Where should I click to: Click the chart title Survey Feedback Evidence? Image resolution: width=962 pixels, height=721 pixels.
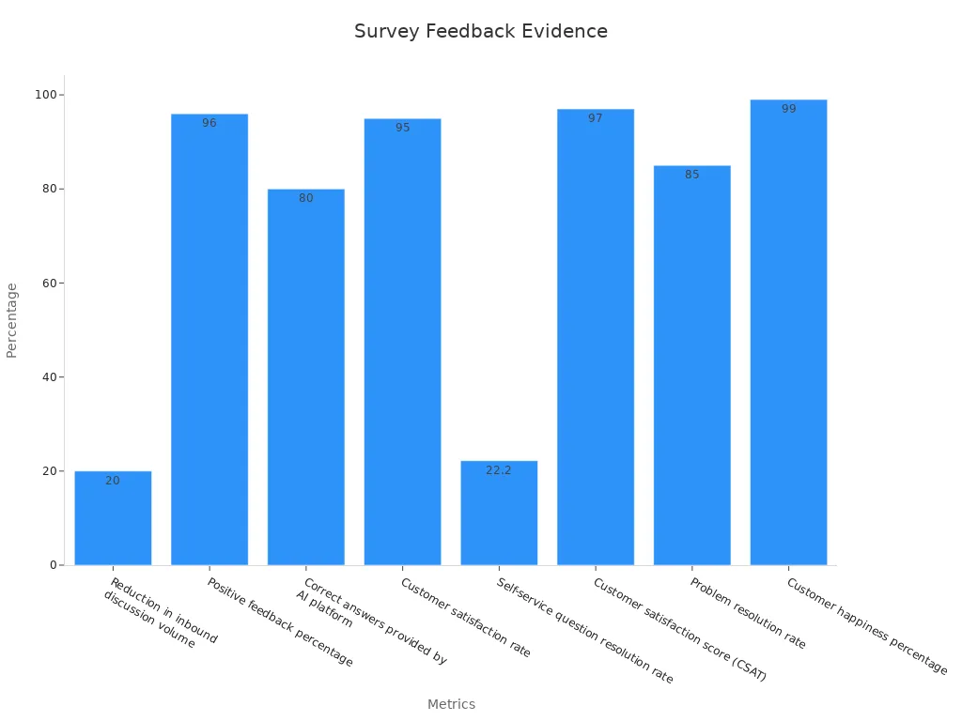point(480,31)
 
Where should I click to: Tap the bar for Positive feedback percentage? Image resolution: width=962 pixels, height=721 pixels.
point(209,339)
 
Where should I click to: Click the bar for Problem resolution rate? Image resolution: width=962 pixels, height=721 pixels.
point(692,365)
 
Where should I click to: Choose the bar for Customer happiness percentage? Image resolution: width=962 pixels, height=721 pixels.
point(788,332)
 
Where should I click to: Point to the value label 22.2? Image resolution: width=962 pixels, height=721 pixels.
point(499,470)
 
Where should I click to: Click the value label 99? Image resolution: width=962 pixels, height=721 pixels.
point(788,109)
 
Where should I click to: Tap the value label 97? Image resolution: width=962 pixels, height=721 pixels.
point(596,118)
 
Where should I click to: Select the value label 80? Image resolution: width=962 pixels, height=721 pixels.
point(306,198)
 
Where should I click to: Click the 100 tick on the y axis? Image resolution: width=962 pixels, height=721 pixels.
point(43,95)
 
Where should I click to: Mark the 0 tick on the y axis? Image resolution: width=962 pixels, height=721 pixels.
point(52,565)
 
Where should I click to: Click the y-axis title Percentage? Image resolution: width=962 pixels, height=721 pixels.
point(12,320)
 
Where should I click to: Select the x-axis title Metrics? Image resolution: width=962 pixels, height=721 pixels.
point(451,704)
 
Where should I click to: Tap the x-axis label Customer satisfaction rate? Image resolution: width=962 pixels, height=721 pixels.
point(465,618)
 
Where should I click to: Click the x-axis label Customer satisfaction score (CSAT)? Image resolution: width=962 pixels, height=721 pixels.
point(679,629)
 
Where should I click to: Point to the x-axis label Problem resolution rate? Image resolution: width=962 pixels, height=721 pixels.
point(748,613)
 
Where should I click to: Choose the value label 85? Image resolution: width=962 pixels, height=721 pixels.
point(692,175)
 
